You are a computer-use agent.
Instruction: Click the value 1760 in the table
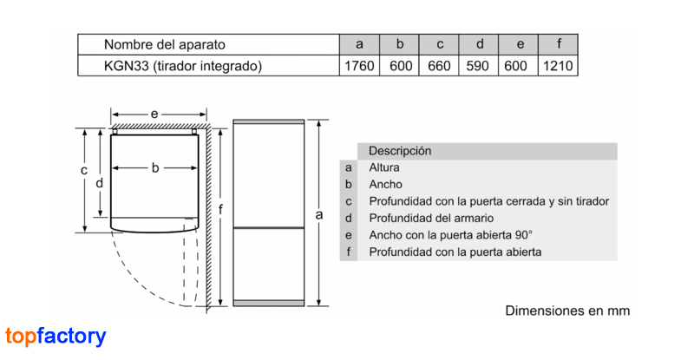coord(359,66)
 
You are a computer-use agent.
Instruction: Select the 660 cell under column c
coord(439,66)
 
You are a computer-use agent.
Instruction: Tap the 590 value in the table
coord(478,66)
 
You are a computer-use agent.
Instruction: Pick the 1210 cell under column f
coord(558,66)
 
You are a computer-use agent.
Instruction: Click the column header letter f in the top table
coord(559,44)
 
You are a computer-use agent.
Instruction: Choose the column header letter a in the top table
coord(359,44)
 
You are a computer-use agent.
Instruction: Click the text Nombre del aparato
coord(165,44)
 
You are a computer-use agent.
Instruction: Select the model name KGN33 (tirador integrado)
coord(183,66)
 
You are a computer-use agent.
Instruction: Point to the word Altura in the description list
coord(384,167)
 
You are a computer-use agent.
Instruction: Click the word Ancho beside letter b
coord(385,184)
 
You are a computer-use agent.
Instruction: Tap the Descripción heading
coord(400,151)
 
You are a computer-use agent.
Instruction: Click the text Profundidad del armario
coord(431,218)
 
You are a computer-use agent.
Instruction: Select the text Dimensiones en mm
coord(567,311)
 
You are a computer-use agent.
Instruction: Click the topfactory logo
coord(56,336)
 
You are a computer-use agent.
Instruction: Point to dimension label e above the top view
coord(154,115)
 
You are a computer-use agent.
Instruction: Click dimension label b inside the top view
coord(155,167)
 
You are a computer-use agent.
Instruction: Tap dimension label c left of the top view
coord(84,171)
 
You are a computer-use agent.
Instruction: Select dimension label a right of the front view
coord(319,215)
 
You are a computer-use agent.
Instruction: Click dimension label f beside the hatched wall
coord(220,209)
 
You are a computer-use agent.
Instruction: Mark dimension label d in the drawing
coord(99,183)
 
